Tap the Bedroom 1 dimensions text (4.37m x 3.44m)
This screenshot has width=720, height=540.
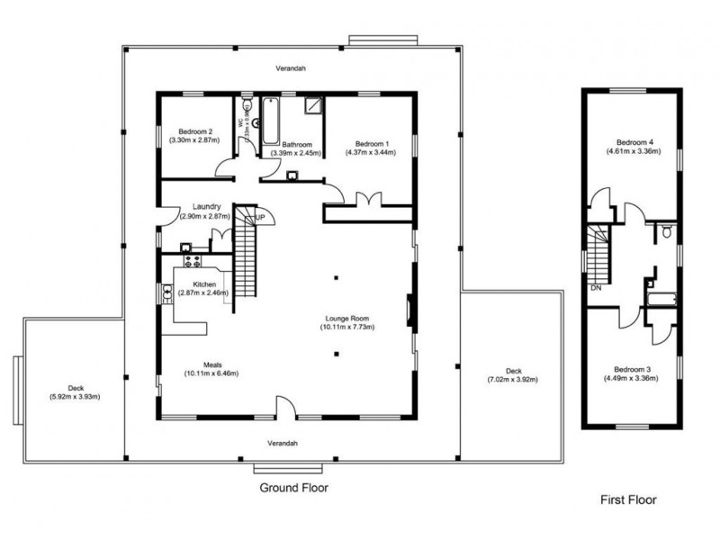(372, 152)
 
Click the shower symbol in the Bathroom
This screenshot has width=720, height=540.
(312, 108)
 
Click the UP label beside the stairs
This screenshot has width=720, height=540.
(259, 218)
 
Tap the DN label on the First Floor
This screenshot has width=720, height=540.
(596, 289)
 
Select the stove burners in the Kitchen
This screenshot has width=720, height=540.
(191, 262)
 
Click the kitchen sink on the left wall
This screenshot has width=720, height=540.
(166, 292)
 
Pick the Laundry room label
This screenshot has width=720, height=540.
(205, 207)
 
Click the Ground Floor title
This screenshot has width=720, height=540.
(293, 489)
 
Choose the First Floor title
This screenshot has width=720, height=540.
(628, 499)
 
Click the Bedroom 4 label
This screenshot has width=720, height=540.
(634, 143)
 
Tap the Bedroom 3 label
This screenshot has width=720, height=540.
(632, 369)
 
